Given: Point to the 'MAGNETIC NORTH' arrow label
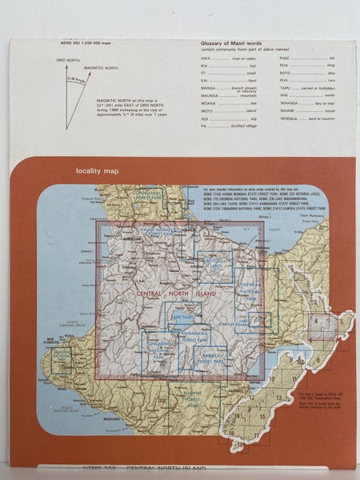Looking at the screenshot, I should [99, 68].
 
